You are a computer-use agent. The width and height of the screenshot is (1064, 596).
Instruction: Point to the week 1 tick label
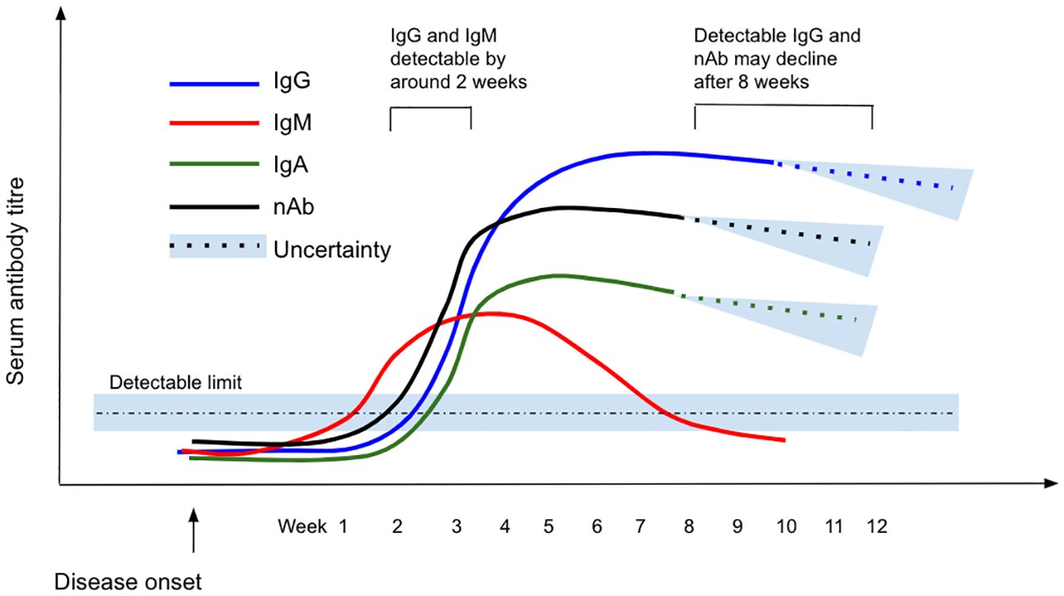(344, 526)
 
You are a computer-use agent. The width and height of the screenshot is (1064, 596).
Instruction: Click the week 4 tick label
(505, 526)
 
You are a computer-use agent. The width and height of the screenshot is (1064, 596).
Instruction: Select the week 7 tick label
(642, 526)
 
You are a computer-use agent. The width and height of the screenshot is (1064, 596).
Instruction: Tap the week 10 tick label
(786, 526)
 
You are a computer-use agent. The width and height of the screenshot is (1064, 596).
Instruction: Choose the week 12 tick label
(877, 526)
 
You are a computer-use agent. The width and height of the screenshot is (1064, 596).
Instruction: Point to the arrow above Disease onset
(193, 532)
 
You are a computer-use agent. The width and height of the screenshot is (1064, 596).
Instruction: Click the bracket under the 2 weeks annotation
(431, 109)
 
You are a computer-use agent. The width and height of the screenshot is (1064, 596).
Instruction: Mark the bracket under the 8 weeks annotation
(783, 107)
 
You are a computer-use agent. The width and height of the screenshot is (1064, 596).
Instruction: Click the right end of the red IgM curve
(784, 440)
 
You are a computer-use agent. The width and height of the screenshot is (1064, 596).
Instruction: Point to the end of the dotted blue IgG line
(953, 188)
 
